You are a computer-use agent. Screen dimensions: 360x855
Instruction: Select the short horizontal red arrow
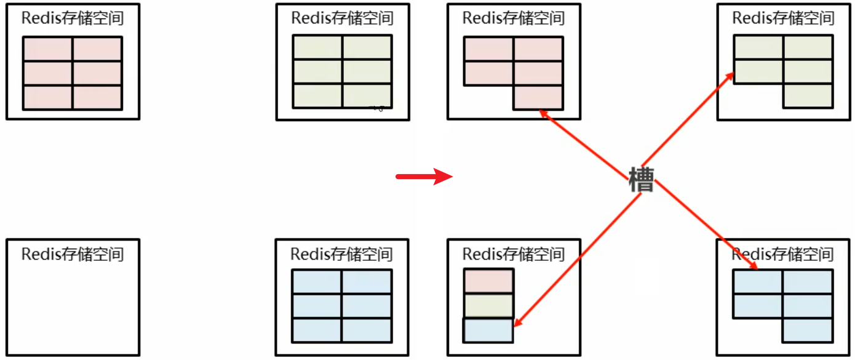tap(424, 177)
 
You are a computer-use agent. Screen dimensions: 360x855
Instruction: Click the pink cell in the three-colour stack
tap(488, 281)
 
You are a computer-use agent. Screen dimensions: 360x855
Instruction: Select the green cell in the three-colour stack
tap(488, 306)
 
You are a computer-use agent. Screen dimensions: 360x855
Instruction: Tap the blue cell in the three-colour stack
tap(488, 330)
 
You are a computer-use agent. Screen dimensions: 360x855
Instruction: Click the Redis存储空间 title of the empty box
tap(73, 254)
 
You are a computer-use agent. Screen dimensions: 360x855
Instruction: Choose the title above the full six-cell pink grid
tap(73, 18)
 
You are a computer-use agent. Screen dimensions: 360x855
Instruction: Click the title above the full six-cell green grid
tap(342, 17)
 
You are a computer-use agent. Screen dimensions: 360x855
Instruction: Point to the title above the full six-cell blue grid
tap(341, 254)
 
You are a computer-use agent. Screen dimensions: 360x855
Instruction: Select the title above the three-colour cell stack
tap(514, 254)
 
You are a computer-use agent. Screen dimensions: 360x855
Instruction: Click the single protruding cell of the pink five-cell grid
tap(538, 97)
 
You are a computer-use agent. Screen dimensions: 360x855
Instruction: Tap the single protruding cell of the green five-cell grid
tap(808, 95)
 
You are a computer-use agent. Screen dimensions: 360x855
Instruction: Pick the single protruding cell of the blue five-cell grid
tap(808, 330)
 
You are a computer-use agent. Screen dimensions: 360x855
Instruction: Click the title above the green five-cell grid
tap(783, 17)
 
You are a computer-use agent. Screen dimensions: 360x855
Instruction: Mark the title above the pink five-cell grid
tap(514, 17)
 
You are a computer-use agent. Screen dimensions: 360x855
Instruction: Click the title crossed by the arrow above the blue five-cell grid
tap(783, 254)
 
